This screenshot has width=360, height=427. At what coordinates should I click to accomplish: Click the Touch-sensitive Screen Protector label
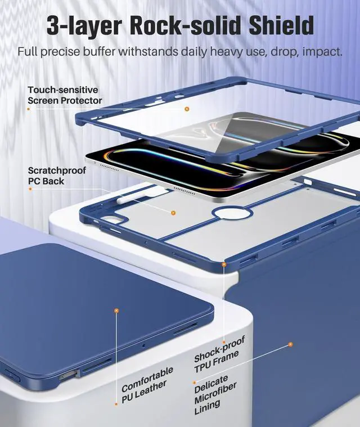pos(65,95)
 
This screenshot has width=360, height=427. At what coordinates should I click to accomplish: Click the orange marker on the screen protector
pos(187,109)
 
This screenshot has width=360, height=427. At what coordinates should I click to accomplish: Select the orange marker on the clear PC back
pos(173,213)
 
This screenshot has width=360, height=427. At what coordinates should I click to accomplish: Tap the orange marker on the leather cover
pos(116,310)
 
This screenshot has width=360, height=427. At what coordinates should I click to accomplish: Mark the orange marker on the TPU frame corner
pos(224,264)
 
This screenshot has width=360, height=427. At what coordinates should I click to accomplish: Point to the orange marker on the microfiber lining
pos(291,344)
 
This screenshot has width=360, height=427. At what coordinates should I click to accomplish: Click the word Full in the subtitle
pos(28,52)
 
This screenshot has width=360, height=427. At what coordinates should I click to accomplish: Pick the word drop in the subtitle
pos(267,52)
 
